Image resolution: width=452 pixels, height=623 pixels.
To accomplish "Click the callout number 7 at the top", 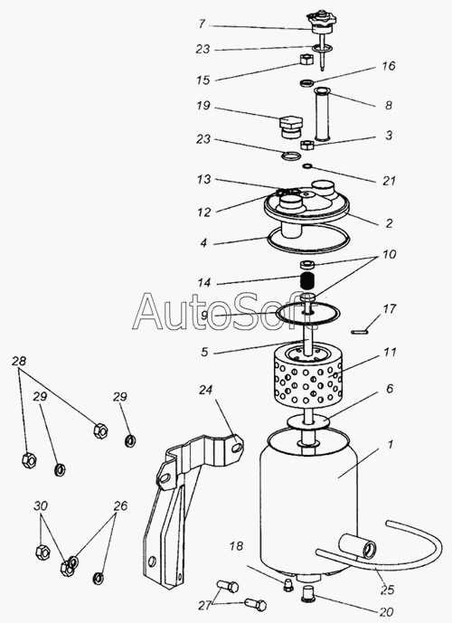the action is point(202,24).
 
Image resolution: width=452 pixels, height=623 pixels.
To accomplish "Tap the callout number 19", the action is point(203,107).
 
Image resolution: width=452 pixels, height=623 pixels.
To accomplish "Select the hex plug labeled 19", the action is point(291,127).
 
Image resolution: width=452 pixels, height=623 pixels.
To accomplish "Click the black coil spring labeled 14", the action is point(307,282).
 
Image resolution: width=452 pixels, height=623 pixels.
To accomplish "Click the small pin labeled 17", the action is point(361,331).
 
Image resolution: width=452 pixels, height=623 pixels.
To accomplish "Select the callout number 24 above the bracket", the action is point(206,390).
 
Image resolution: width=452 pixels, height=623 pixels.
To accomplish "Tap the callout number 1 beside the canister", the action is point(390,444).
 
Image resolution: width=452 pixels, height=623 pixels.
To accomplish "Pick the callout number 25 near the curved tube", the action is point(387,590).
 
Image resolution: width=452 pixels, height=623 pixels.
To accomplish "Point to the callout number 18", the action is point(236,546).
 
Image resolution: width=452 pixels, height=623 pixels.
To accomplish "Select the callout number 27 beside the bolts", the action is point(205,606).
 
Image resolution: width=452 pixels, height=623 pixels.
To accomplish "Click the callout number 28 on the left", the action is point(19,361).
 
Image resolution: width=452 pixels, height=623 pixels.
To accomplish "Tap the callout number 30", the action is point(41,505).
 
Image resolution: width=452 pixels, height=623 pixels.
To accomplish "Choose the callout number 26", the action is point(120,505).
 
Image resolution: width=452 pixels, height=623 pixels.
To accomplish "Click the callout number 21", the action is point(390,181).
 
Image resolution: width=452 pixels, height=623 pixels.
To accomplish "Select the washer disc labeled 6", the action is point(308,420).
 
